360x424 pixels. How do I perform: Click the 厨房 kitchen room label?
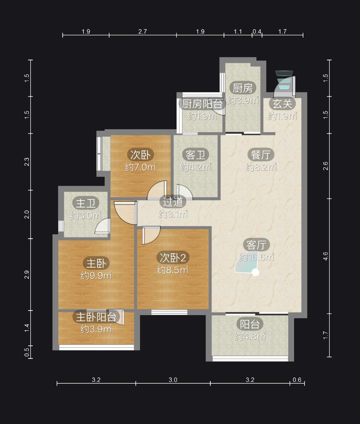pos(243,88)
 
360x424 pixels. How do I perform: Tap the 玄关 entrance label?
pos(282,104)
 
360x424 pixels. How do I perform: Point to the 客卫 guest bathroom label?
pos(196,155)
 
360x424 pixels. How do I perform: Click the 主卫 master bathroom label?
pos(86,203)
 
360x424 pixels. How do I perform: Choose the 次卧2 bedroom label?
pos(173,258)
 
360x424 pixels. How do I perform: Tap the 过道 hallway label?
pos(173,202)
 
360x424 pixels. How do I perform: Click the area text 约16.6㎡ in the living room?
pos(256,257)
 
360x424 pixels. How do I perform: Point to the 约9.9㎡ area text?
pos(96,276)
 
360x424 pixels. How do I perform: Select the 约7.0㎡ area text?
pos(140,167)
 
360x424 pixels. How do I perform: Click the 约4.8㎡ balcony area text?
pos(250,336)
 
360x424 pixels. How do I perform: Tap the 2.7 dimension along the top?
pos(142,32)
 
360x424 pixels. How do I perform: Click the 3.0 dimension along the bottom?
pos(173,380)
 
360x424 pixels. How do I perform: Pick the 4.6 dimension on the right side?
pos(325,256)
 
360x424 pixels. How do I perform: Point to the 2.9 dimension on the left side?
pos(27,275)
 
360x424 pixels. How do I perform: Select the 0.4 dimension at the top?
pos(257,32)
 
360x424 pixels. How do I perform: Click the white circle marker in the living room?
pos(255,272)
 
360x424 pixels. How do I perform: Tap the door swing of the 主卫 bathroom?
pos(103,226)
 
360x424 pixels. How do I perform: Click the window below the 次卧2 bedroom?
pos(169,312)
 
